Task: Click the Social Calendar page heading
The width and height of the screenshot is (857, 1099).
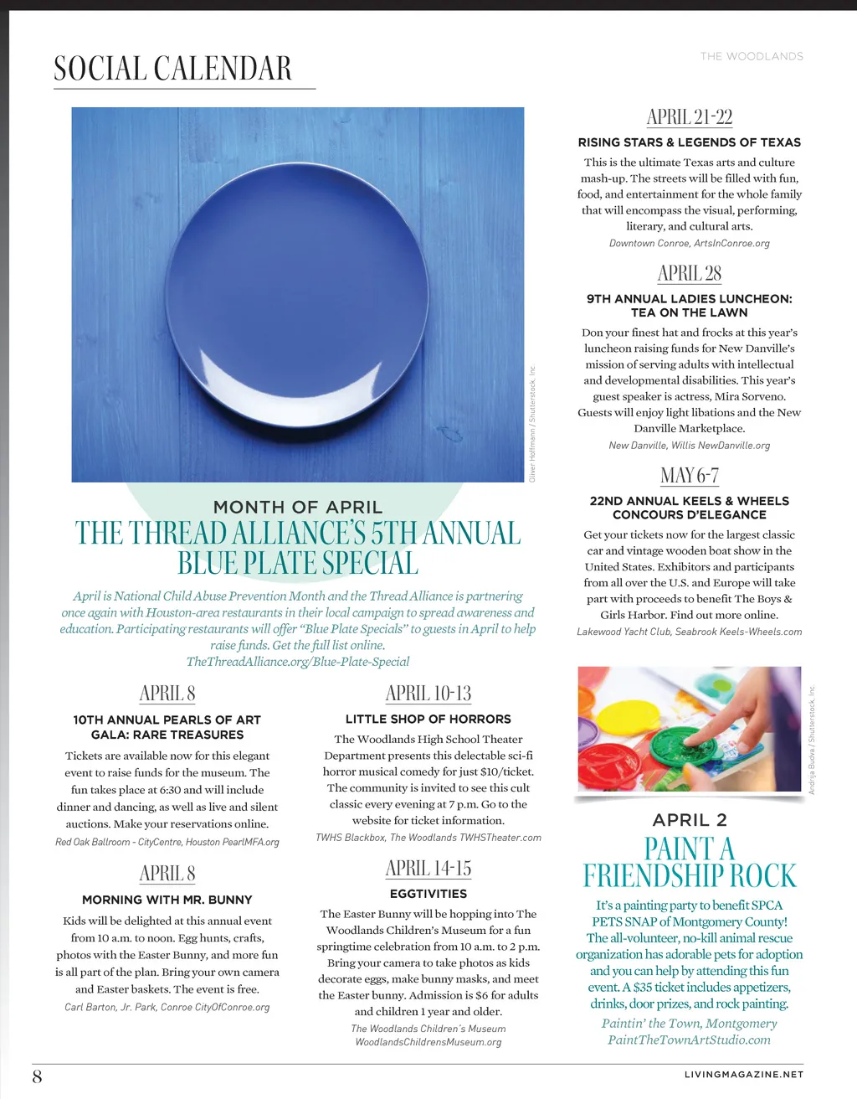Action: pyautogui.click(x=172, y=69)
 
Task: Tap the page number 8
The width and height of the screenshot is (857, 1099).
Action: pyautogui.click(x=37, y=1076)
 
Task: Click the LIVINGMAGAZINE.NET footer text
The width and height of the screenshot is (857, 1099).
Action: pyautogui.click(x=743, y=1074)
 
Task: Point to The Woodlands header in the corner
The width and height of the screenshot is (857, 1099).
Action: pyautogui.click(x=752, y=56)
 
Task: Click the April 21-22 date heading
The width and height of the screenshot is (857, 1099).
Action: pyautogui.click(x=689, y=116)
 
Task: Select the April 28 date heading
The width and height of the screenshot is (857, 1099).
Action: pyautogui.click(x=689, y=273)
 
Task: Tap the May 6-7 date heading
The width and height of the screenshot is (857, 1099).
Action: pyautogui.click(x=689, y=476)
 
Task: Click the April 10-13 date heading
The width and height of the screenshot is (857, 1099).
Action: pyautogui.click(x=428, y=694)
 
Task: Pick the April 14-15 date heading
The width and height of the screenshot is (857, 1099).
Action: pyautogui.click(x=428, y=868)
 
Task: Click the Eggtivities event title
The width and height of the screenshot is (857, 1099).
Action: pyautogui.click(x=428, y=894)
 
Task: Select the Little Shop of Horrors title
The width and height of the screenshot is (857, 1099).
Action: pyautogui.click(x=428, y=719)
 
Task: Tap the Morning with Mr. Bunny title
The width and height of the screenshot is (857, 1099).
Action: pyautogui.click(x=167, y=900)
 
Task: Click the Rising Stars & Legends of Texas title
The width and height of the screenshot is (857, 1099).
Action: pyautogui.click(x=689, y=142)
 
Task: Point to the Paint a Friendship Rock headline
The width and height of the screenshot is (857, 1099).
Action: pyautogui.click(x=689, y=862)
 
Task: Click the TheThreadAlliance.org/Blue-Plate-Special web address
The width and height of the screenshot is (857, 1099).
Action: pyautogui.click(x=297, y=662)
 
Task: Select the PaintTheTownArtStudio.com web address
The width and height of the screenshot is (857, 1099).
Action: pyautogui.click(x=689, y=1040)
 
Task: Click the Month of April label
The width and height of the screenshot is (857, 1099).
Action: pyautogui.click(x=297, y=507)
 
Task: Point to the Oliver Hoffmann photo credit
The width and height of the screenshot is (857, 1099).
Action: pyautogui.click(x=531, y=423)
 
